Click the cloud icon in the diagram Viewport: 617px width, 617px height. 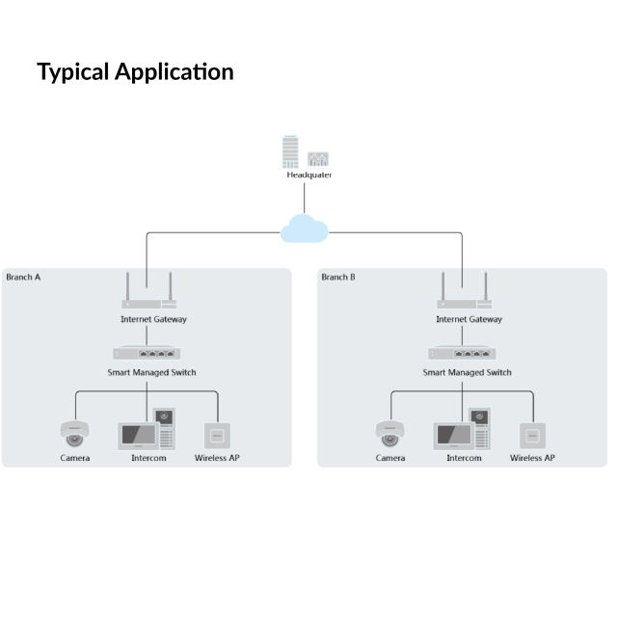tap(304, 229)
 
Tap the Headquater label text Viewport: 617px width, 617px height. tap(308, 175)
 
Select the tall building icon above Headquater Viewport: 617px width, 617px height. tap(291, 152)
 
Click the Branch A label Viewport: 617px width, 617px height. tap(24, 278)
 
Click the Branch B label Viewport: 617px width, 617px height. tap(338, 278)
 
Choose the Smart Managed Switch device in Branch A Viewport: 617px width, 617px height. tap(147, 353)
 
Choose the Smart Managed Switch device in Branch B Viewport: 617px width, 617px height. tap(462, 353)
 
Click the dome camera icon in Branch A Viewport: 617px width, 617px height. tap(74, 433)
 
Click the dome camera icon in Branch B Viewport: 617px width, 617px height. tap(389, 433)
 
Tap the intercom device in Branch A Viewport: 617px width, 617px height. tap(148, 430)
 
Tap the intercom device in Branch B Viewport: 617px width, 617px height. tap(463, 430)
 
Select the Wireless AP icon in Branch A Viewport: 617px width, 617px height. tap(217, 435)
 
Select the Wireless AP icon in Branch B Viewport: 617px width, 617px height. tap(532, 435)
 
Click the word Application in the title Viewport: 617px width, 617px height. tap(174, 72)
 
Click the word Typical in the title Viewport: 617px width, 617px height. tap(73, 72)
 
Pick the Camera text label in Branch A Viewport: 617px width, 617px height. tap(75, 458)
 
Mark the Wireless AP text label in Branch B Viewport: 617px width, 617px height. tap(532, 458)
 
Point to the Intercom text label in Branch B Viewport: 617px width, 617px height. tap(464, 458)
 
